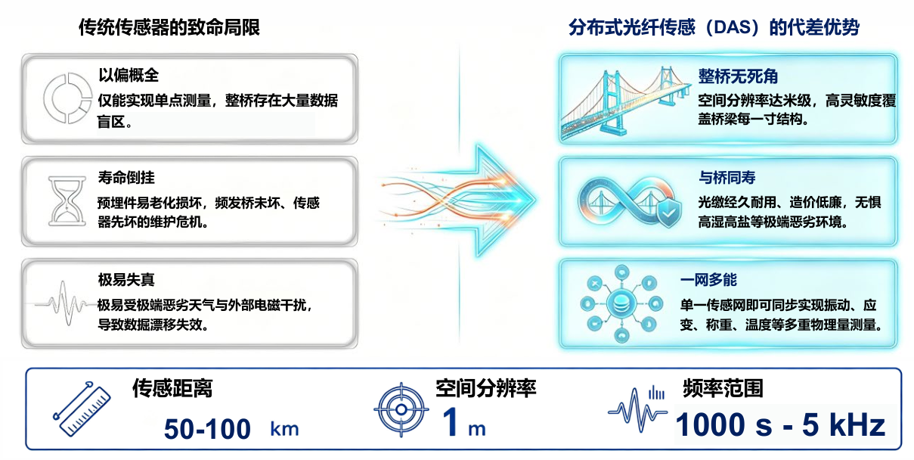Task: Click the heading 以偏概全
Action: tap(129, 75)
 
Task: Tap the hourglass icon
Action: tap(67, 201)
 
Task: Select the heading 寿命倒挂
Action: tap(126, 177)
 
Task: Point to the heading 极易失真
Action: tap(126, 279)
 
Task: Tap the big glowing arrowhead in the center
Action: tap(504, 200)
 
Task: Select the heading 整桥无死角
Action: tap(738, 76)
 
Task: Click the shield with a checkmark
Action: tap(668, 213)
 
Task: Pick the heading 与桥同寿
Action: tap(727, 177)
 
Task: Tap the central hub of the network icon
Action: tap(621, 303)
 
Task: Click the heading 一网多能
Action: tap(708, 280)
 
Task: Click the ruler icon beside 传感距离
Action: tap(82, 409)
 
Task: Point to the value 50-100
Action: tap(207, 429)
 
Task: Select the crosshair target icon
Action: tap(401, 409)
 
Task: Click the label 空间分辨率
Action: tap(486, 388)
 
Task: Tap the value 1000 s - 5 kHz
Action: tap(780, 424)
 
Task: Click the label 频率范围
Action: tap(723, 388)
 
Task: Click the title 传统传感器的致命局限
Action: tap(169, 27)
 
